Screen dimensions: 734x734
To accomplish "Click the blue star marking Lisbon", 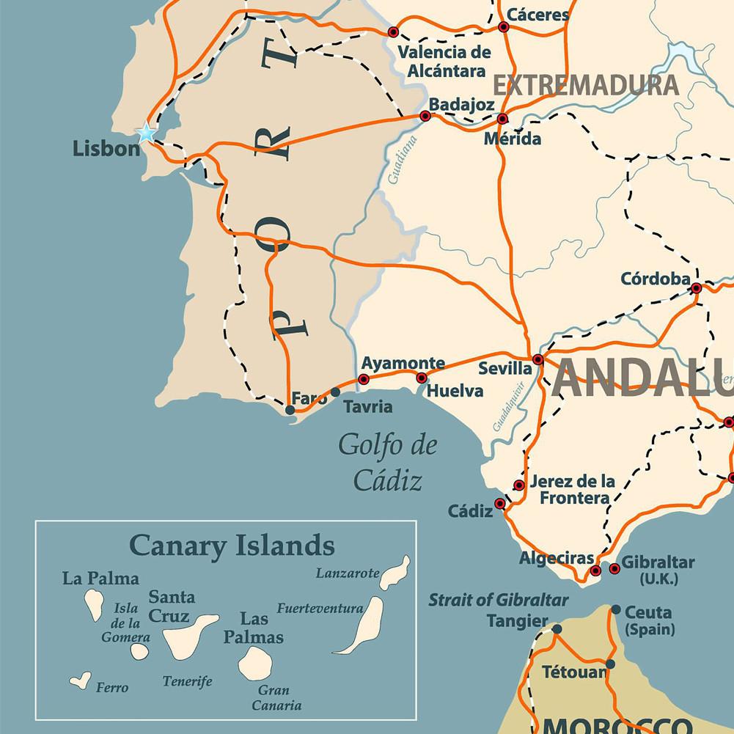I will tap(147, 133).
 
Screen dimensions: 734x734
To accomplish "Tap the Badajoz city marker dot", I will tap(425, 116).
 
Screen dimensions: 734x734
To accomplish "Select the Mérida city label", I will tap(513, 139).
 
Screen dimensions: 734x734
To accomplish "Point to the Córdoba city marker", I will tap(696, 288).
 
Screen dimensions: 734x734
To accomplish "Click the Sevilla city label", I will tap(504, 368).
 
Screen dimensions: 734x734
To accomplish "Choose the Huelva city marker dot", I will tap(422, 378).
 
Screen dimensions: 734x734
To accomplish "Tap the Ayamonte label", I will tap(403, 363).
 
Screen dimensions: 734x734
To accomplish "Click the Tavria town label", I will tap(367, 406).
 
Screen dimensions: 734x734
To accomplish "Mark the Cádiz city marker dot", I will tap(500, 504).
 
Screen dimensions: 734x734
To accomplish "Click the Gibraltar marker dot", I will tap(614, 569).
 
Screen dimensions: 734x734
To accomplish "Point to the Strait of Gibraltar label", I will tap(498, 600).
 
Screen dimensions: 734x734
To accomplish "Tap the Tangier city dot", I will tap(557, 629).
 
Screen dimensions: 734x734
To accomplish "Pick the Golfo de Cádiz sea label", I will tap(388, 463).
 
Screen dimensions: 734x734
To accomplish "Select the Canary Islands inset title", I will tap(232, 546).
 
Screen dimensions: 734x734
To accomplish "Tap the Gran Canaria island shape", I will tap(255, 663).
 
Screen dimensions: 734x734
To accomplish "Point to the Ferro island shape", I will tap(80, 680).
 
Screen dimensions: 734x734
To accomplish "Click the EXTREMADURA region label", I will tap(585, 86).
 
